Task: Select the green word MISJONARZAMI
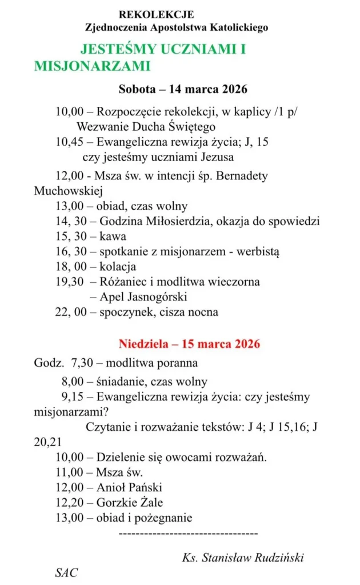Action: point(92,66)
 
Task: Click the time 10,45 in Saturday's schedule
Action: point(68,143)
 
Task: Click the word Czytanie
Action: point(107,427)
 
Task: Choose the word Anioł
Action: point(111,488)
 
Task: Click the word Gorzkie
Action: point(118,503)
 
